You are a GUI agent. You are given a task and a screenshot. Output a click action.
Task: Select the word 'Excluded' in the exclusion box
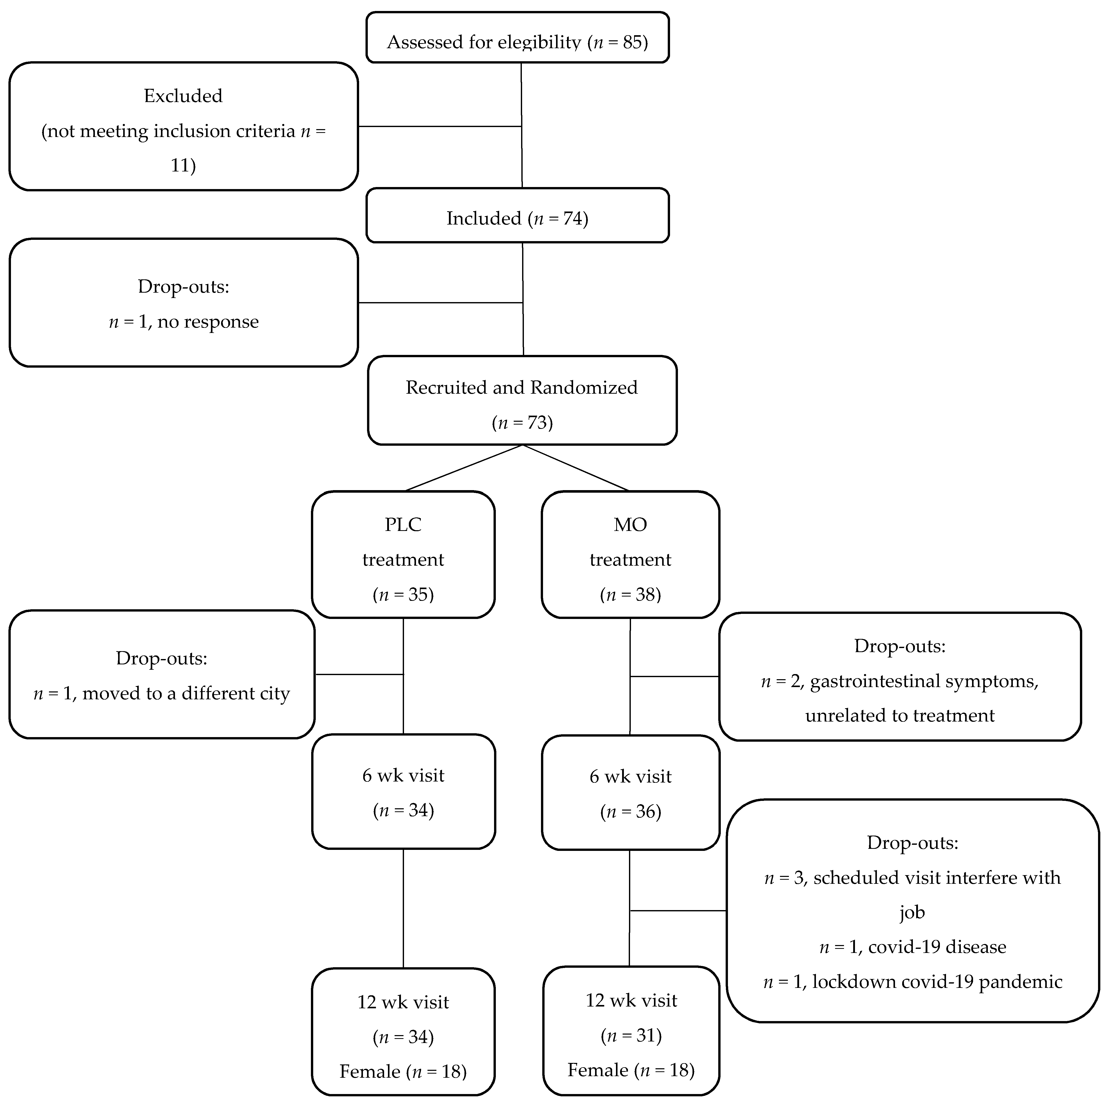183,96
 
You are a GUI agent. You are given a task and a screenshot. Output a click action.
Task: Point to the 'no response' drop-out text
208,322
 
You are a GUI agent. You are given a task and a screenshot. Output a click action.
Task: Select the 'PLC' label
403,524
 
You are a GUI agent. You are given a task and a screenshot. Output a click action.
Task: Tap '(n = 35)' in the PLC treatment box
403,594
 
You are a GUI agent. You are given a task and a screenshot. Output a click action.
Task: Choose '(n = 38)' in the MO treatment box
630,594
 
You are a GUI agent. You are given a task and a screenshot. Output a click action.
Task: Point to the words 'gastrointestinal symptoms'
923,681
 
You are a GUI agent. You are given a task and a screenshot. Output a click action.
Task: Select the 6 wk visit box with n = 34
403,791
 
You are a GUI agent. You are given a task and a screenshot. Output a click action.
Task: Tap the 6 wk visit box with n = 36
630,792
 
